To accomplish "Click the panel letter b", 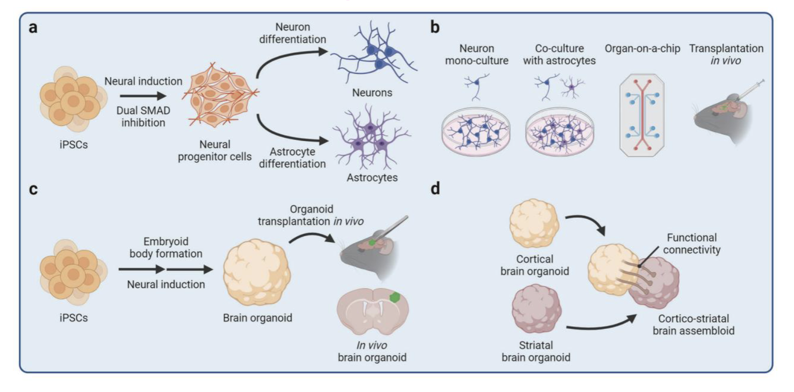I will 435,27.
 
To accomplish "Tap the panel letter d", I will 435,189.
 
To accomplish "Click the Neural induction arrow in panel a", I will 142,96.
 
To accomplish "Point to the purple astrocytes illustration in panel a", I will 371,138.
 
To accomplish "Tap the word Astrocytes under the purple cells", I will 372,178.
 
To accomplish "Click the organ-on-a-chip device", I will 642,115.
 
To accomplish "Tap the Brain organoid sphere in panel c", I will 257,272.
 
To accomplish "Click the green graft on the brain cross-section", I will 395,297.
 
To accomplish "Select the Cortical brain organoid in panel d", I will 534,223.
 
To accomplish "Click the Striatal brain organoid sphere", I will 536,309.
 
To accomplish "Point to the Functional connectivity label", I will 691,244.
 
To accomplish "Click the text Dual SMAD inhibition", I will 143,117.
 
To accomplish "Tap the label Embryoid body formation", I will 166,247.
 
